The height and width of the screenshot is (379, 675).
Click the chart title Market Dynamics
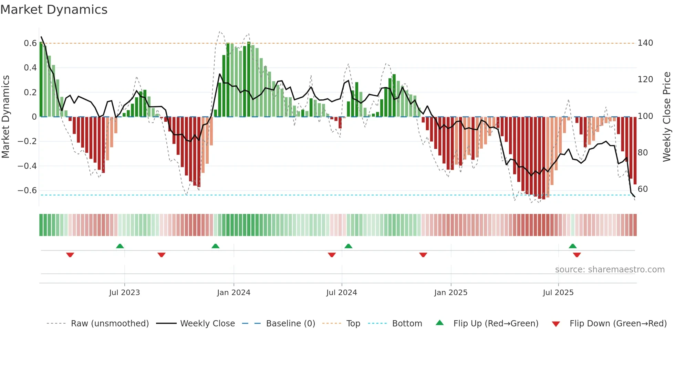(x=54, y=10)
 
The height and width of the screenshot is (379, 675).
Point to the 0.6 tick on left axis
(x=30, y=43)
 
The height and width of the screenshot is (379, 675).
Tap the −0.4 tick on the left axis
(x=27, y=166)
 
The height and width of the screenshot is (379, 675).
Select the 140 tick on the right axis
(x=645, y=43)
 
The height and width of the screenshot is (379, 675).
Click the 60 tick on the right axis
(x=643, y=189)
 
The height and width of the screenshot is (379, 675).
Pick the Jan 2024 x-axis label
(x=233, y=293)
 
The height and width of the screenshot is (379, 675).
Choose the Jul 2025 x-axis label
(x=558, y=293)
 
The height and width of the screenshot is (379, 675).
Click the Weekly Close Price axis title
(x=667, y=117)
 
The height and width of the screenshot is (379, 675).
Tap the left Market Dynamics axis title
(x=6, y=117)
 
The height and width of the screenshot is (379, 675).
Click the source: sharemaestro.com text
(x=610, y=270)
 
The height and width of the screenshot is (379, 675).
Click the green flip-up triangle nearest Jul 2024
(x=348, y=246)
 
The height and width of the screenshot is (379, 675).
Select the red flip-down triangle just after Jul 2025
(x=577, y=255)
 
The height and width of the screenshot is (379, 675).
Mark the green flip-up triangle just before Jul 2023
(x=120, y=246)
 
